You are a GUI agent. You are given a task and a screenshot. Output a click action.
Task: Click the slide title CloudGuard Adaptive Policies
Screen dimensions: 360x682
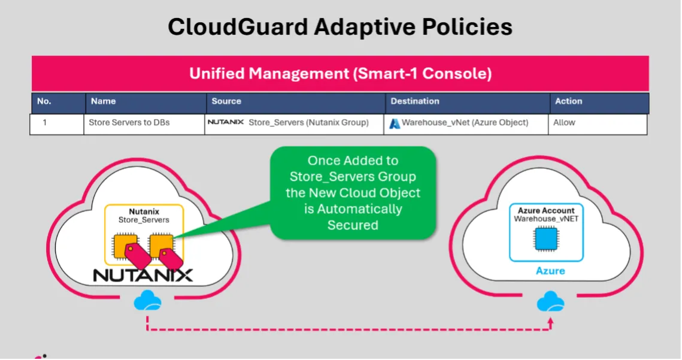(340, 27)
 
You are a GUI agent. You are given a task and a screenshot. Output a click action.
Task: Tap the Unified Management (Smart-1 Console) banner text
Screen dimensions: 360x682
(340, 74)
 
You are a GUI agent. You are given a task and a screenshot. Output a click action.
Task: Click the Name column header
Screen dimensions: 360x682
(103, 101)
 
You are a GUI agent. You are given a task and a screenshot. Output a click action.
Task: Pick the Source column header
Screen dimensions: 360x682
(226, 101)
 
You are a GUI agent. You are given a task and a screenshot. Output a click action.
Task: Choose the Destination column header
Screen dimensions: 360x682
(415, 101)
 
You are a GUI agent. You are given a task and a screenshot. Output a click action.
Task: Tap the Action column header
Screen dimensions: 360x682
(568, 101)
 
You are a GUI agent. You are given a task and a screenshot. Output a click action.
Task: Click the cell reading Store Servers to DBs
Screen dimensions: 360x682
(129, 123)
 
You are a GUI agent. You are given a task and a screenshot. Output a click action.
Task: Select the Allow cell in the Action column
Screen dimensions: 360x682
(564, 123)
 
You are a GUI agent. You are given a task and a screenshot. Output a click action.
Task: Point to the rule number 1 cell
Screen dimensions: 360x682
(44, 123)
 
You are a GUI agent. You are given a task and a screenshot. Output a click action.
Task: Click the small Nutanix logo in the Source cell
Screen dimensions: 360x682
(225, 122)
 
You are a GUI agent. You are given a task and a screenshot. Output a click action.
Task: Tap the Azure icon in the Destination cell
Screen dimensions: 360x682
(395, 123)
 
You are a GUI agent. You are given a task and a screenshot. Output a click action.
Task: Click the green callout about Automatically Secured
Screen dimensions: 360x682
(353, 193)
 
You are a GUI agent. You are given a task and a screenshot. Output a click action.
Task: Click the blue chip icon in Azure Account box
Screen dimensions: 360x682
(545, 240)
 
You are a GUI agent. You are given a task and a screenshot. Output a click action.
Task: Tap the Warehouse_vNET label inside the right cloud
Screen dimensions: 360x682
(545, 219)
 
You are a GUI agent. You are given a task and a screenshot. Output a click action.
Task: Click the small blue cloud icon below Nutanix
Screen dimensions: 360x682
(147, 300)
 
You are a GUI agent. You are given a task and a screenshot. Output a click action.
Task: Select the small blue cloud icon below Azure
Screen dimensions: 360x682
(550, 301)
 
